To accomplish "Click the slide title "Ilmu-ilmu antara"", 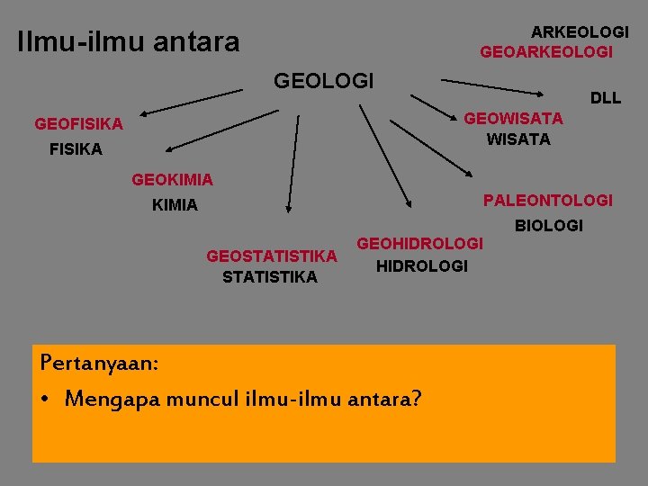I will pos(129,41).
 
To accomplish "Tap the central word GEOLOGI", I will pos(323,81).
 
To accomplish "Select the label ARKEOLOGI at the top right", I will pos(580,31).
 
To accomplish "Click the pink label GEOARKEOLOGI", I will pos(546,52).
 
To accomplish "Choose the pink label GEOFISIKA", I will pos(78,124).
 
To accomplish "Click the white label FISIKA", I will pos(76,149).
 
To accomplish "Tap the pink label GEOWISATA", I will pos(513,118).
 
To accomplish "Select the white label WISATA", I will pos(518,139).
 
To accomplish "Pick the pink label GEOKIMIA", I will pos(172,180).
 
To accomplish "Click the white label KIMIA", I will pos(175,205).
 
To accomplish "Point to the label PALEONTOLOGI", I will pos(547,200).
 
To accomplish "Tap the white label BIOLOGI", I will pos(549,225).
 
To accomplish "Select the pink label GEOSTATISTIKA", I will pos(272,256).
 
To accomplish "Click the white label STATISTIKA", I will pos(269,277).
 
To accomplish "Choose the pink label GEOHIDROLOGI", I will pos(420,244).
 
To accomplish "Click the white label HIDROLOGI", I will pos(421,266).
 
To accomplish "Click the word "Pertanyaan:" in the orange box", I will pos(100,364).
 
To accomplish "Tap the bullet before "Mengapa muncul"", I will pos(46,398).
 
